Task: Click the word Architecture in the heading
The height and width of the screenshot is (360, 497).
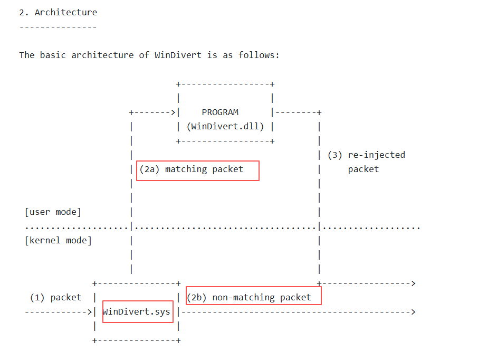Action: [x=66, y=12]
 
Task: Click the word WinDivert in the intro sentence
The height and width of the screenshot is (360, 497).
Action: [x=178, y=55]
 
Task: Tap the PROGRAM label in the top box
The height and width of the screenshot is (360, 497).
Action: [x=220, y=112]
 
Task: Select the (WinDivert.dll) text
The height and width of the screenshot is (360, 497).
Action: [x=225, y=127]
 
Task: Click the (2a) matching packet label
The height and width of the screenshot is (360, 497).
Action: [x=192, y=169]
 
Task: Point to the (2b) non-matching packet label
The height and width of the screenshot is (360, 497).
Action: [x=249, y=298]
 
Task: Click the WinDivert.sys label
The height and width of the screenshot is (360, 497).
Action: [x=136, y=312]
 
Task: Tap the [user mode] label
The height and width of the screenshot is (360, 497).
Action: [x=53, y=212]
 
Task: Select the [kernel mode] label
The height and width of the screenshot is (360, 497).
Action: [x=59, y=240]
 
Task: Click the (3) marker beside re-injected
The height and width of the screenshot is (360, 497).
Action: [x=334, y=155]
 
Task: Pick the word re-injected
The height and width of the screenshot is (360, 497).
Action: [x=377, y=155]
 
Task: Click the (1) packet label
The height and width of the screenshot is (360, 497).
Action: [x=55, y=298]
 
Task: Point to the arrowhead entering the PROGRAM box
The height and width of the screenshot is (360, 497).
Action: [x=173, y=112]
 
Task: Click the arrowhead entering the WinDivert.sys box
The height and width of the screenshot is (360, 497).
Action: [x=90, y=312]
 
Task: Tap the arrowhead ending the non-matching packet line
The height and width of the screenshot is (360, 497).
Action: [x=413, y=312]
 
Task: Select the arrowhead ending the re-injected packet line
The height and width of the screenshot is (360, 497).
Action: [x=413, y=283]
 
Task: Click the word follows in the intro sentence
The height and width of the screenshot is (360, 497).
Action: [x=256, y=55]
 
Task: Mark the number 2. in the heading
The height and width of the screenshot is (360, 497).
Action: [x=24, y=12]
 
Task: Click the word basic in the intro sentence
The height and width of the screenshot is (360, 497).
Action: [x=53, y=55]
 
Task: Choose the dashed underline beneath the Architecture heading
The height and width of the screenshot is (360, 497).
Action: [x=59, y=27]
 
